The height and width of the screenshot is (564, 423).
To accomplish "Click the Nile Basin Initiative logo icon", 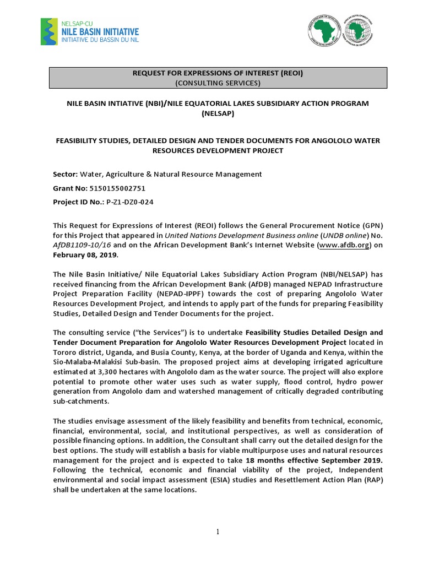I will coord(49,31).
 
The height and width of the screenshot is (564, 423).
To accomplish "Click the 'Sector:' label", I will coord(66,174).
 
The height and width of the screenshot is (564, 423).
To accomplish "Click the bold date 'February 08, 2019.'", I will coord(85,256).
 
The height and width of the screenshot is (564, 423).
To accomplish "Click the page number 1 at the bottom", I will coord(218,532).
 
